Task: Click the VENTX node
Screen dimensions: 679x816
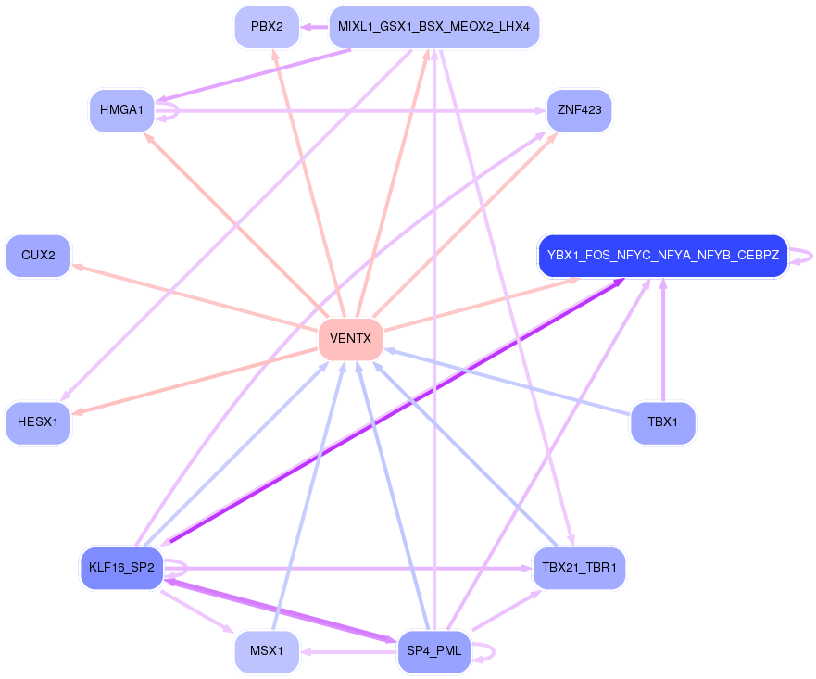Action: (x=350, y=339)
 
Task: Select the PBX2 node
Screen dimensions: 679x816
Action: (x=267, y=27)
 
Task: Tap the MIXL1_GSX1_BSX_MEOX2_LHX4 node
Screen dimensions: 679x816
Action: (x=433, y=27)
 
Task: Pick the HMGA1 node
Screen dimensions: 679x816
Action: (x=121, y=110)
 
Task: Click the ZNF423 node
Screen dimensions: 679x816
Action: (x=579, y=110)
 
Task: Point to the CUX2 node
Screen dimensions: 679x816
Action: (x=38, y=256)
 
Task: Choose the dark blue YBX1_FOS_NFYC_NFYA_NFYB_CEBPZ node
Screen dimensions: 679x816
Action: (x=662, y=256)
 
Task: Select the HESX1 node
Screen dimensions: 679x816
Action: (x=38, y=422)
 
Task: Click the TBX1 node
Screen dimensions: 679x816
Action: (x=662, y=422)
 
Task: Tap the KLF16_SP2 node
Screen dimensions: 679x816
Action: (x=121, y=567)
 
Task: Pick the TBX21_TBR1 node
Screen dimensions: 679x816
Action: (x=579, y=567)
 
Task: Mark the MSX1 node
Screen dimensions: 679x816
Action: (x=267, y=651)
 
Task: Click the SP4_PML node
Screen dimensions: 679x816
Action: (x=433, y=651)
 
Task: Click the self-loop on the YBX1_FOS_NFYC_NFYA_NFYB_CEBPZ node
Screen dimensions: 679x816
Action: (x=803, y=256)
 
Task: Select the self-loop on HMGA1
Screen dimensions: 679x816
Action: (x=172, y=110)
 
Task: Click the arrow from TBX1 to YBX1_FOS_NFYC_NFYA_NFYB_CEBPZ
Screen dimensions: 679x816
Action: (x=662, y=343)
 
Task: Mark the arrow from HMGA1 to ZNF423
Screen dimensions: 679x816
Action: (x=352, y=111)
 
